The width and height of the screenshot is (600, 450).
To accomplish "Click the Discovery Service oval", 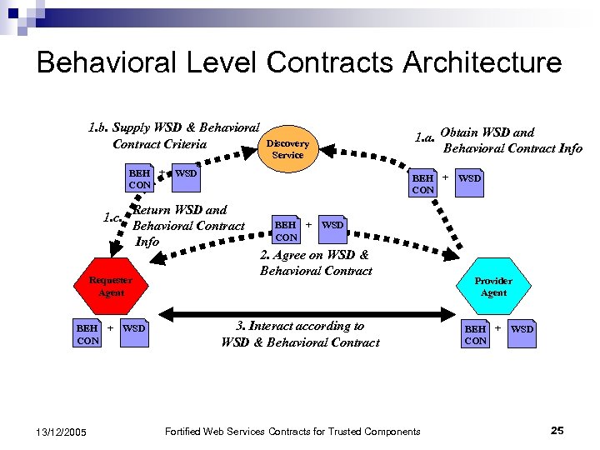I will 287,149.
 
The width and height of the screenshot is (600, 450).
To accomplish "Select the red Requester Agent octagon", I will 111,287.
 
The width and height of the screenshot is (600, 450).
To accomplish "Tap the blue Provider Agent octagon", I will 494,287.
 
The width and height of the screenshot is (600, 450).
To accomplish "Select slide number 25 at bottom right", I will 557,430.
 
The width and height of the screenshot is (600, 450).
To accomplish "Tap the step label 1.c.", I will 112,219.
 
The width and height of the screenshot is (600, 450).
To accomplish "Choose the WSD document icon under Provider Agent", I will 522,329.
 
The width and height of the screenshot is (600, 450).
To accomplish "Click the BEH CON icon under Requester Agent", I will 87,334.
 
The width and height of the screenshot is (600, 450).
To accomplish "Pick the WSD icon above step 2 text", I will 332,225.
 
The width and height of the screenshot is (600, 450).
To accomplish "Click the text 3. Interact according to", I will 300,327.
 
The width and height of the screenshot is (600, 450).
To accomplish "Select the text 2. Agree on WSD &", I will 314,255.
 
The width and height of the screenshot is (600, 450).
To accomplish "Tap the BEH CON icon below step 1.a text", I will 423,183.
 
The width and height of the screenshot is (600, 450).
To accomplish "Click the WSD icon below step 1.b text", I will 186,173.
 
